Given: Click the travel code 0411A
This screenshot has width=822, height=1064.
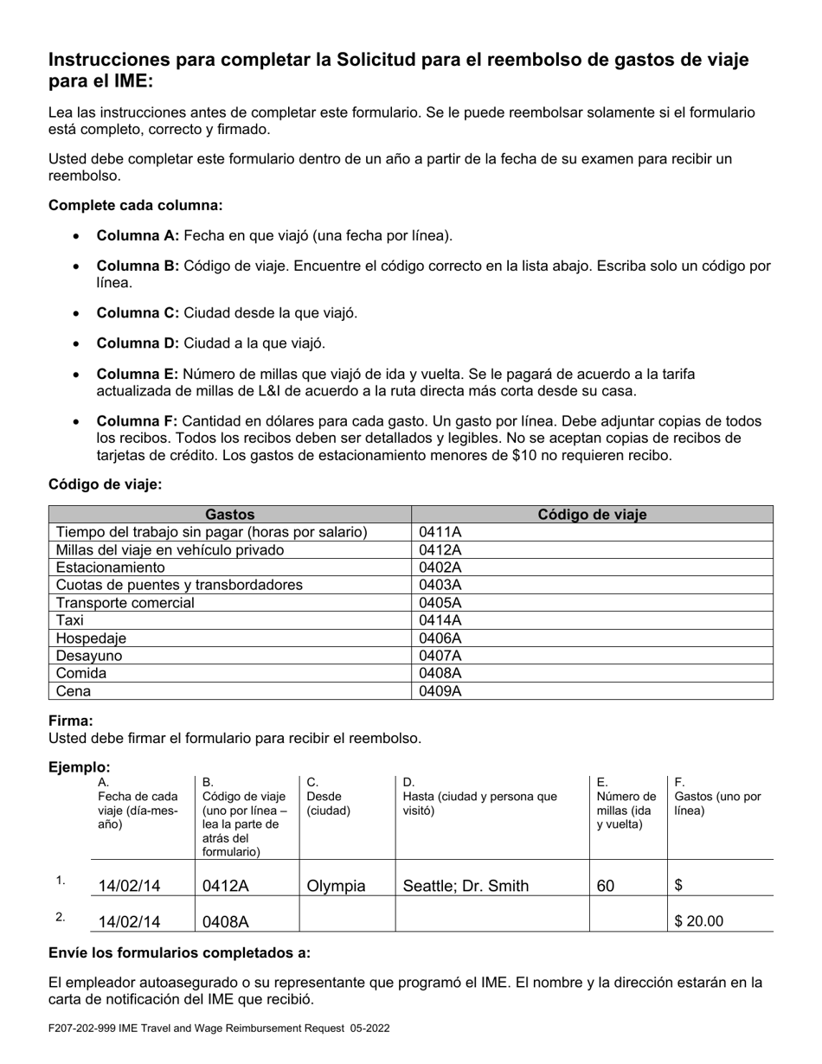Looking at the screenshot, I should click(x=440, y=532).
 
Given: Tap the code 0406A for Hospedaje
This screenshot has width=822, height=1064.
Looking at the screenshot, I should click(x=440, y=638).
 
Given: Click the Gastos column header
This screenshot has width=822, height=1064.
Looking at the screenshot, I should click(x=229, y=515).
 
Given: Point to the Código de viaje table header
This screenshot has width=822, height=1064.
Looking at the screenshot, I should click(x=592, y=515).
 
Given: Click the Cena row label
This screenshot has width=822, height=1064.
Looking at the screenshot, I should click(x=74, y=691).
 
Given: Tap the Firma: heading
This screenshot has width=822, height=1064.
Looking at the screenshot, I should click(x=71, y=721).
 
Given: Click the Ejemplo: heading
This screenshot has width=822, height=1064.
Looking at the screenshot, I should click(x=80, y=767).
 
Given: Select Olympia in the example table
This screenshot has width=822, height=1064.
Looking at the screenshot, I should click(x=337, y=886).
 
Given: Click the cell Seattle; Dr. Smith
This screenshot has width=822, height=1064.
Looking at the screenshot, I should click(x=466, y=886).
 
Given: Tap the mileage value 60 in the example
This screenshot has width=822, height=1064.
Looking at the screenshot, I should click(x=606, y=886).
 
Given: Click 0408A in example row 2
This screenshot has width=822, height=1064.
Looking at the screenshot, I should click(x=226, y=922).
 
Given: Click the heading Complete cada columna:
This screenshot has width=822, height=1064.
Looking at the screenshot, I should click(x=136, y=205).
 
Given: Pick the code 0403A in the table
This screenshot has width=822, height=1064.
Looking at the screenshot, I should click(x=440, y=585).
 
